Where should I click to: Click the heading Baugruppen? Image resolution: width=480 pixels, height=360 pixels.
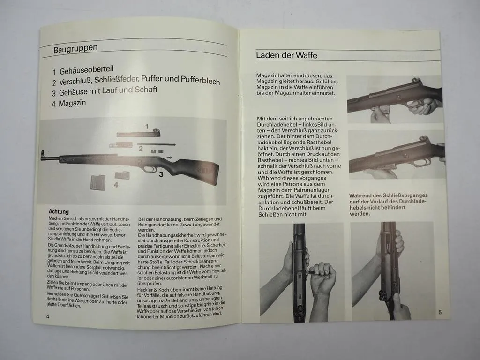75,48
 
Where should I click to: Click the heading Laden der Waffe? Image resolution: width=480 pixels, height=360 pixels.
286,55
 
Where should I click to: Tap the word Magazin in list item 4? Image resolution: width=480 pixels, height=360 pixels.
72,103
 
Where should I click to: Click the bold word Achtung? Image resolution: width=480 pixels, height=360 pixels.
59,212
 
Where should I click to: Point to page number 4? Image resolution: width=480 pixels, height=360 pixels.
48,316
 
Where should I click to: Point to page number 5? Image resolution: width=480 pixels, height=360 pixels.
440,312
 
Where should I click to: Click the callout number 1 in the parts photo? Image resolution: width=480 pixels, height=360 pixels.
147,127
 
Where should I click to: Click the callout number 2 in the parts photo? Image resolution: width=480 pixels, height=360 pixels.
140,149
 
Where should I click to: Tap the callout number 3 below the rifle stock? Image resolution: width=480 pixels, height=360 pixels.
160,175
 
